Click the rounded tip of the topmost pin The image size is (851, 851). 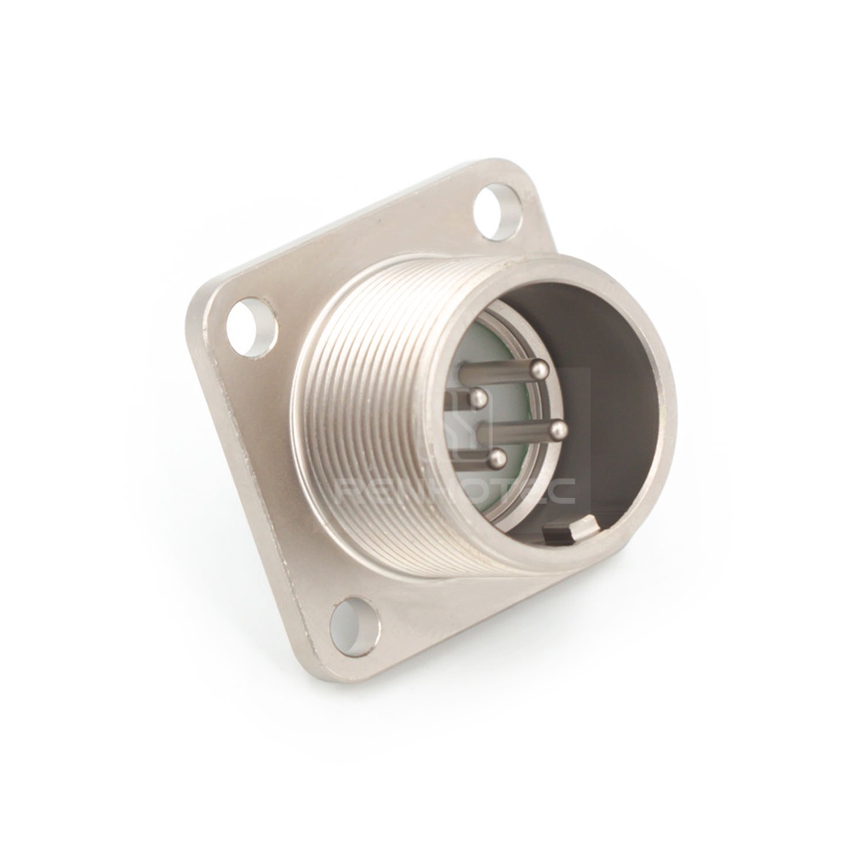(539, 369)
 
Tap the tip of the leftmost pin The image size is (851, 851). (478, 397)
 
